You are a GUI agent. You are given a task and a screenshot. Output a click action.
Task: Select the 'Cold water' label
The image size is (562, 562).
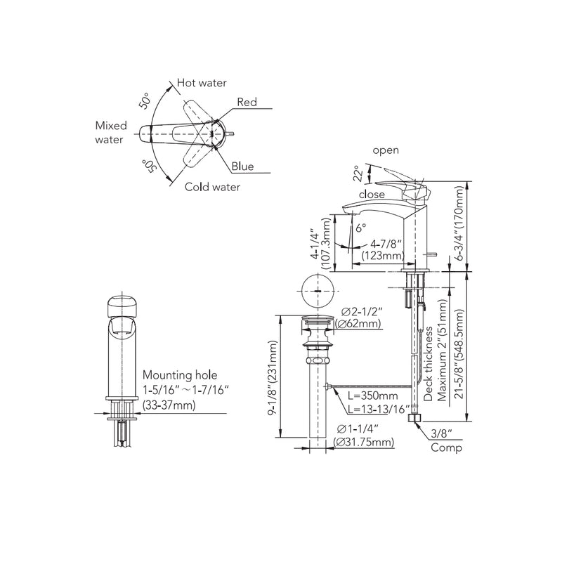click(x=212, y=187)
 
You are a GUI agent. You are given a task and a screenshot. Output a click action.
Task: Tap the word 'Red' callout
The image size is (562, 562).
click(x=247, y=103)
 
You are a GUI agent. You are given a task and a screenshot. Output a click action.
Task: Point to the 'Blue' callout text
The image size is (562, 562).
click(x=244, y=167)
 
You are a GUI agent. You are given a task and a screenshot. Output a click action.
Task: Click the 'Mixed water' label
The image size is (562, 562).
click(x=111, y=133)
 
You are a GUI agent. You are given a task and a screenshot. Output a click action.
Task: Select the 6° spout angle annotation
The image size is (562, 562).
click(x=361, y=228)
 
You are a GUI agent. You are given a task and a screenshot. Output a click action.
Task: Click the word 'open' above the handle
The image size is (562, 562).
click(x=386, y=150)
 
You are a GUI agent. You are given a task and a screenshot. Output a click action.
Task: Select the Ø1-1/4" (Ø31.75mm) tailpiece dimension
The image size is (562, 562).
click(x=362, y=436)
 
